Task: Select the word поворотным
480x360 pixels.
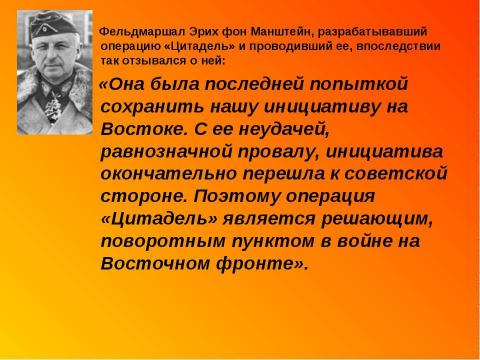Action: click(159, 242)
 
